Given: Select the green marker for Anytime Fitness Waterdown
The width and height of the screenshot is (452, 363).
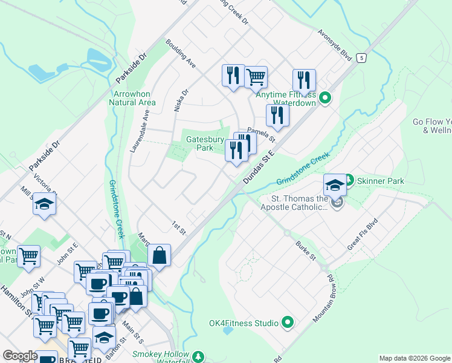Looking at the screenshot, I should point(325,97).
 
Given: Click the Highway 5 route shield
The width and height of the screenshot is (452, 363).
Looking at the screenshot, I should point(361,57).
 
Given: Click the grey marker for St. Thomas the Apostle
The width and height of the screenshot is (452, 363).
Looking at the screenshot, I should point(337,202).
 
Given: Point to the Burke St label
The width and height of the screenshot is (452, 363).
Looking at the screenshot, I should point(306,250).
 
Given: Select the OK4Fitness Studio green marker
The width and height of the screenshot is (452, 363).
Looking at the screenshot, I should point(288,323).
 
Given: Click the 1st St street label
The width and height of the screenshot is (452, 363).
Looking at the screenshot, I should point(178,227).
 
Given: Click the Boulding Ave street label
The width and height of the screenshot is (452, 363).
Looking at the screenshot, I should point(181,55).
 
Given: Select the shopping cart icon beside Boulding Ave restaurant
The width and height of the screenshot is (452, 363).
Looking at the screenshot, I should point(256,76).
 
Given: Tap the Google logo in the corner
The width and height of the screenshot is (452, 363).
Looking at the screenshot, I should point(20,356).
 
